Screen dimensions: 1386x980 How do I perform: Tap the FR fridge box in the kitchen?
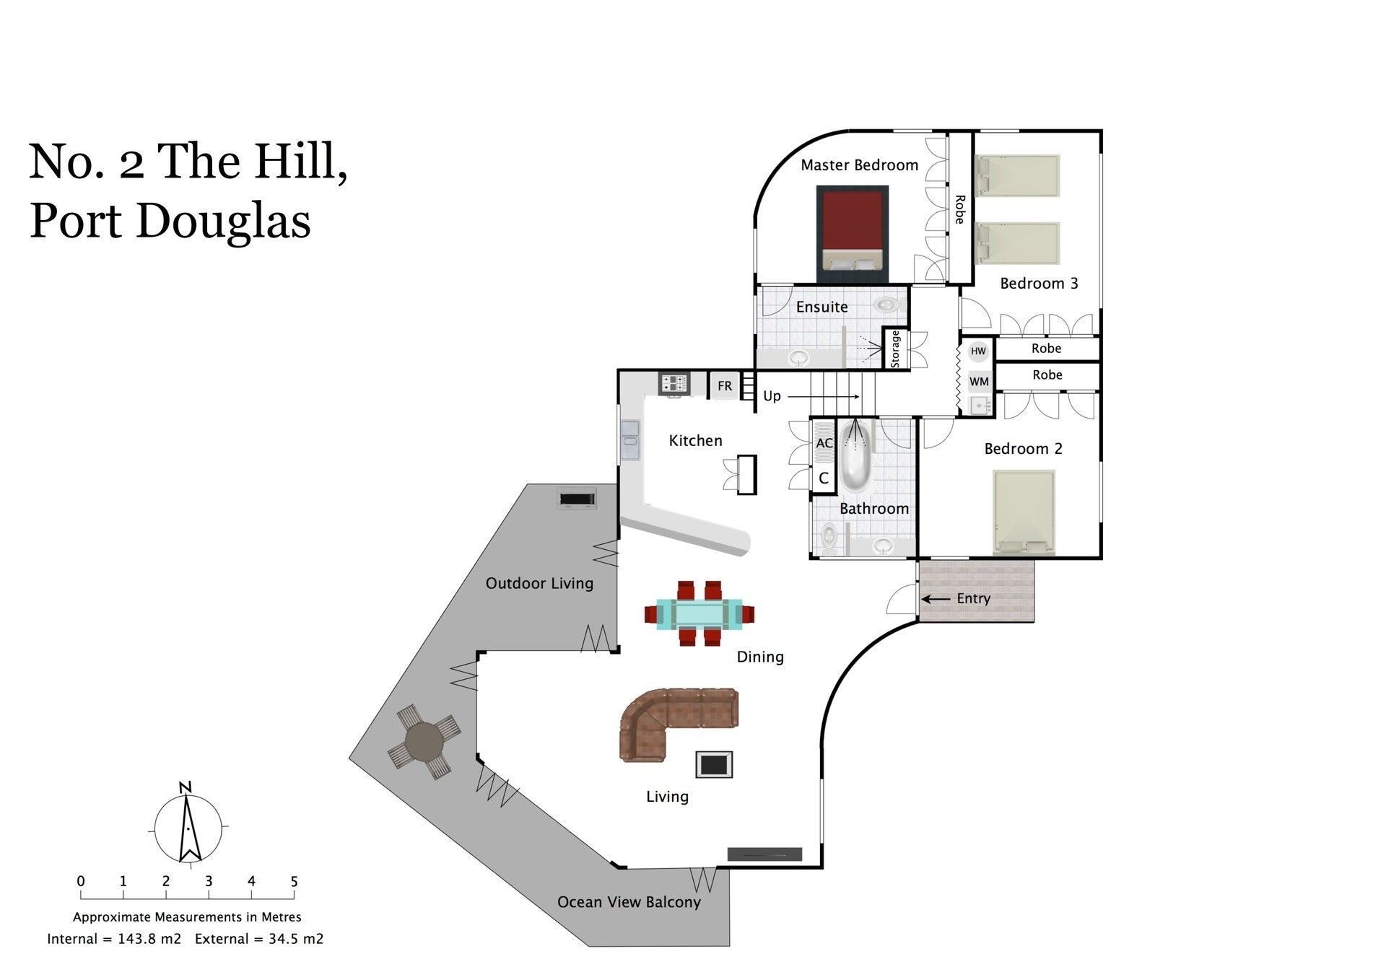tap(725, 386)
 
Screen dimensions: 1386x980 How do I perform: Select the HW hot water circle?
tap(978, 351)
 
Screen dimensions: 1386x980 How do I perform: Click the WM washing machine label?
tap(979, 382)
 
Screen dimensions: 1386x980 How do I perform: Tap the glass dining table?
tap(699, 614)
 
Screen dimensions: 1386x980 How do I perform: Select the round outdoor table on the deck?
tap(424, 742)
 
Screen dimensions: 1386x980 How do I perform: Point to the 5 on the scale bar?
tap(294, 881)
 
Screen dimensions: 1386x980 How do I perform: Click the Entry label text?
tap(973, 598)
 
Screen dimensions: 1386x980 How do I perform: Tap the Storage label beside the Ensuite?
tap(896, 349)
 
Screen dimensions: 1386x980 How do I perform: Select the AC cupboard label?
tap(824, 443)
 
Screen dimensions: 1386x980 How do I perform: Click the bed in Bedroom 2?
tap(1024, 512)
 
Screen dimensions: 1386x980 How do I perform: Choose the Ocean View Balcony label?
tap(629, 902)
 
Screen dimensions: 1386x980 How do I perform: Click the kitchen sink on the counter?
tap(630, 439)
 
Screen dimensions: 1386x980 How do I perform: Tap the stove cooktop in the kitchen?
tap(674, 383)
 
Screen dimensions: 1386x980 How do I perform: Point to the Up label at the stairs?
tap(772, 396)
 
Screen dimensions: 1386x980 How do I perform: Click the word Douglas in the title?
tap(223, 221)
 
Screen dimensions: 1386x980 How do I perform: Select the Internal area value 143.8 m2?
tap(149, 939)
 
